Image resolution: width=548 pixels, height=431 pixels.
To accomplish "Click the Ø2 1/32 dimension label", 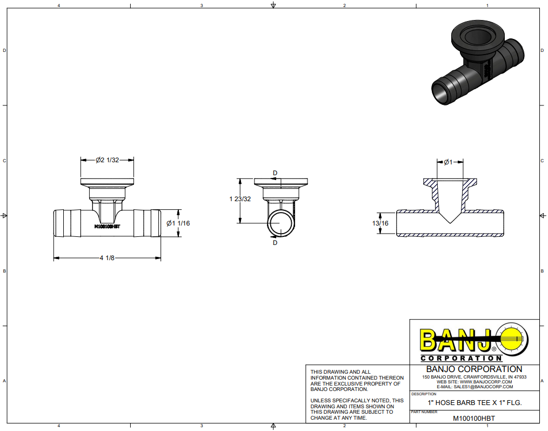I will pyautogui.click(x=107, y=160).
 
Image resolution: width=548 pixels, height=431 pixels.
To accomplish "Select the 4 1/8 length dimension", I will pyautogui.click(x=107, y=258).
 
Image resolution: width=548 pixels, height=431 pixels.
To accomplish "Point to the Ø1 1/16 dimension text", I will pyautogui.click(x=178, y=223).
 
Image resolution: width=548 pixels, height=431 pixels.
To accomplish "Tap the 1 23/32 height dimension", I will pyautogui.click(x=240, y=199).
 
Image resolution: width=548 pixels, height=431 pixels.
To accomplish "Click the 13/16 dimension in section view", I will pyautogui.click(x=380, y=223).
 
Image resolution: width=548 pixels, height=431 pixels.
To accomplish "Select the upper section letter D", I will pyautogui.click(x=275, y=173).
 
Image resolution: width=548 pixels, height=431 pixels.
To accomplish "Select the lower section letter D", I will pyautogui.click(x=275, y=243).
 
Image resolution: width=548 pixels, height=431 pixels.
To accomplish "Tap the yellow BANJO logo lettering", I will pyautogui.click(x=455, y=341).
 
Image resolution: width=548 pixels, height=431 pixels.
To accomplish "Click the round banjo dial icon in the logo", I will pyautogui.click(x=512, y=340).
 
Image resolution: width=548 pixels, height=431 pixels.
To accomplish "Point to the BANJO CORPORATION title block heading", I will pyautogui.click(x=474, y=369).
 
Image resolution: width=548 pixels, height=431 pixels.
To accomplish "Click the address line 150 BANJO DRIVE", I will pyautogui.click(x=474, y=376).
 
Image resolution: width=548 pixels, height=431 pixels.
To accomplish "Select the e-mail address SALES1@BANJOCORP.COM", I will pyautogui.click(x=474, y=387).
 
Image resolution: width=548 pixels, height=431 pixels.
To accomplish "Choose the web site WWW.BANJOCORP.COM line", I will pyautogui.click(x=474, y=382).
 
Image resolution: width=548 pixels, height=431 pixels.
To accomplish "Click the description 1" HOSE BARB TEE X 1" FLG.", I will pyautogui.click(x=475, y=403).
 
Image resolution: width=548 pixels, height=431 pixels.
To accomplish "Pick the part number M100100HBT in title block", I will pyautogui.click(x=473, y=418).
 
